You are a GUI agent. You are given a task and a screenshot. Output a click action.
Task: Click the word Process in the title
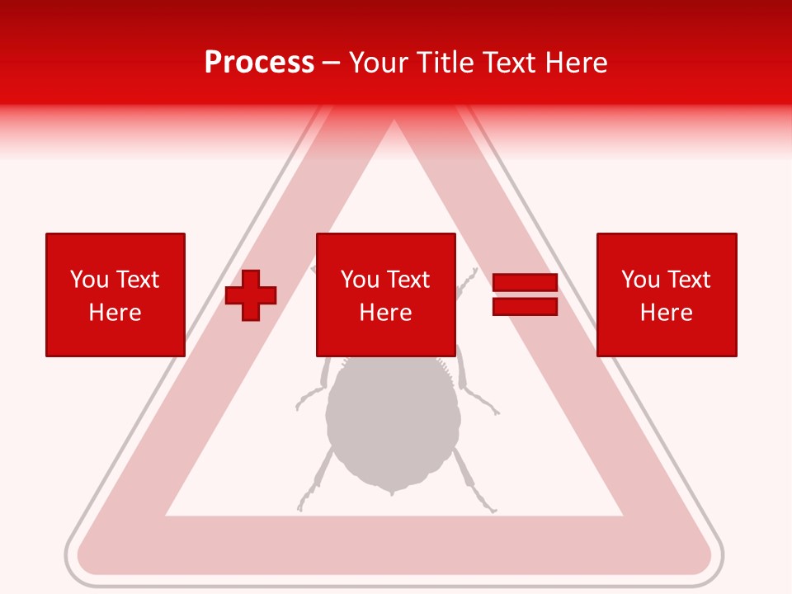coord(259,63)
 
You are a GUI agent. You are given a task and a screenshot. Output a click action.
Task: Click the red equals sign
coord(525,295)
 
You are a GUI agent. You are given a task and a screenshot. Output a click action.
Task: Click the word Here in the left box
coord(115,313)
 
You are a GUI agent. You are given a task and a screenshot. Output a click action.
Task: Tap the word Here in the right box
coord(667,313)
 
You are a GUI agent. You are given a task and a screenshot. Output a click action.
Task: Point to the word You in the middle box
coord(359,280)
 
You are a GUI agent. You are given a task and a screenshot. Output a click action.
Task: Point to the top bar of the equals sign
coord(525,283)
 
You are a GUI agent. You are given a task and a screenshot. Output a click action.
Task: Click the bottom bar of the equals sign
coord(525,306)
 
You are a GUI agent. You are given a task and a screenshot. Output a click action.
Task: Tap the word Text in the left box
coord(137,280)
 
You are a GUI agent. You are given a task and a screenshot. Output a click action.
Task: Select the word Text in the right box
coord(689,280)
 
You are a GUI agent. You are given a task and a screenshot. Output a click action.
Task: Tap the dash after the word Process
coord(331,63)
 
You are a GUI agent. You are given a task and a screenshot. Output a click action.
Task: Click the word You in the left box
coord(88,280)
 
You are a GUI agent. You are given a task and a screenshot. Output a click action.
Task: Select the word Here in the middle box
coord(386,313)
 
